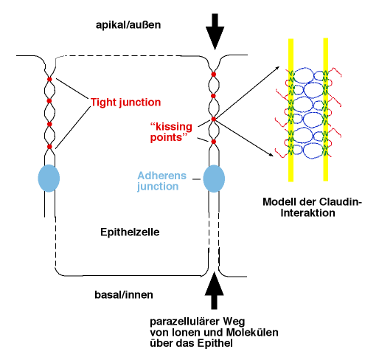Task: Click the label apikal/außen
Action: pos(128,25)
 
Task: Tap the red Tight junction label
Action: pos(125,103)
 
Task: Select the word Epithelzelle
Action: pos(130,232)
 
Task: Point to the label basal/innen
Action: pos(124,294)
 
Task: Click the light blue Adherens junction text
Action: pos(161,181)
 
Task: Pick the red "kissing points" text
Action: pos(171,132)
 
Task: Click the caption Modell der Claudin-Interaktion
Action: pos(312,207)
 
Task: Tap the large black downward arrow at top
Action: pos(215,32)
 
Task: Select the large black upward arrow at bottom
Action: pos(215,291)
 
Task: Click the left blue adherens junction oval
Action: pos(49,178)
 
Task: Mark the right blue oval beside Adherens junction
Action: pos(214,179)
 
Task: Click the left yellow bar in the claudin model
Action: pos(291,110)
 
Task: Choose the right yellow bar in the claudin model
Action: pos(326,109)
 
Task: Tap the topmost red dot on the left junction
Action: pos(49,79)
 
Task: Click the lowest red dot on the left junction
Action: pos(49,147)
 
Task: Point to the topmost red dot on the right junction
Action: pos(214,75)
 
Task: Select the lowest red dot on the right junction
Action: pos(214,142)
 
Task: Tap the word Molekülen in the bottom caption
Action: pos(252,333)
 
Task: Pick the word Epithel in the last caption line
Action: pos(215,343)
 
